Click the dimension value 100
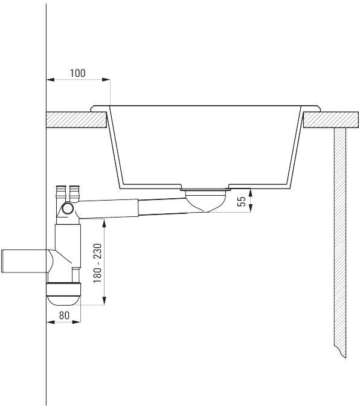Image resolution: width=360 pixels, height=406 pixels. pos(78,73)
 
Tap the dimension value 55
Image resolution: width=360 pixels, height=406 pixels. pos(241,201)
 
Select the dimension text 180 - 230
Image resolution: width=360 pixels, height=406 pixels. pos(98,263)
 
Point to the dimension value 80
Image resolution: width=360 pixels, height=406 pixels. pos(64,315)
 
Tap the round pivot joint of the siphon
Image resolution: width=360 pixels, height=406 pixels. pos(68,208)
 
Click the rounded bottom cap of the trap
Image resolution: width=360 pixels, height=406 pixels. pos(63,300)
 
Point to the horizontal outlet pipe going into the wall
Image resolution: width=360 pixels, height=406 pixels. pos(25,261)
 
